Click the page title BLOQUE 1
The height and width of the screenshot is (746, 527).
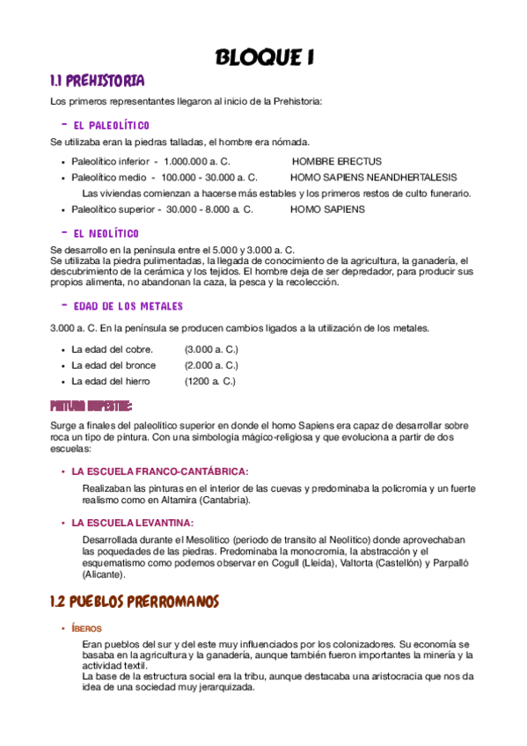264,58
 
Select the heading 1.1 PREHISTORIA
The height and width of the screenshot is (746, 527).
97,82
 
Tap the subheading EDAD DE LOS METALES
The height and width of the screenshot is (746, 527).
128,306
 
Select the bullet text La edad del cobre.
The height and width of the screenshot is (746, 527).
114,349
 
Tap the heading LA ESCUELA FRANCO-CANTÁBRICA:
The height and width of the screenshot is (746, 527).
160,471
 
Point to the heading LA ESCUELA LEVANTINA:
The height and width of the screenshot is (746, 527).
132,523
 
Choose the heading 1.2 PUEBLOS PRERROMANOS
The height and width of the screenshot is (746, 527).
134,602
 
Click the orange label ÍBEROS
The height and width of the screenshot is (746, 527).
88,628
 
